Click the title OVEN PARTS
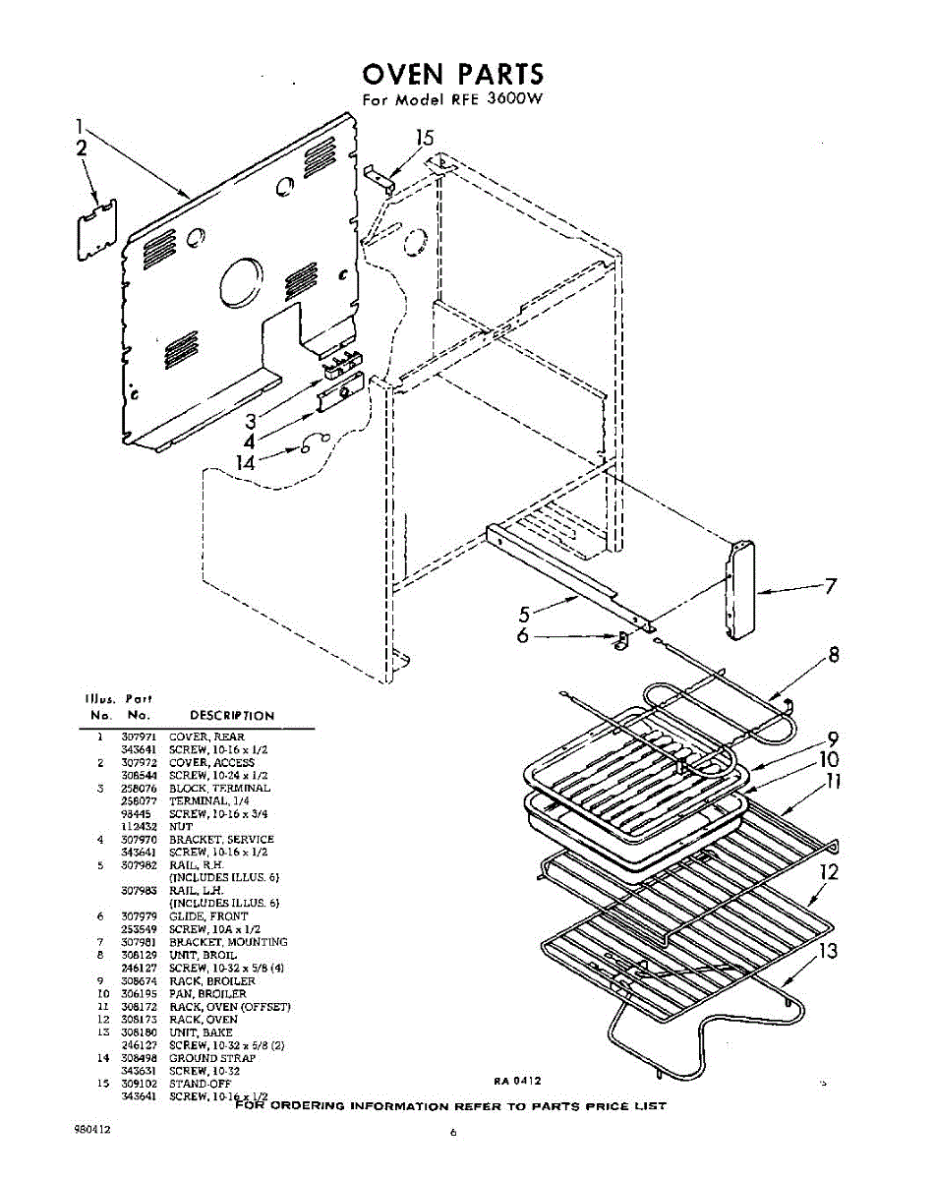click(452, 75)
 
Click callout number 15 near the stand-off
click(424, 139)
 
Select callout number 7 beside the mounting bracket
click(831, 587)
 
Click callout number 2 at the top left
click(82, 148)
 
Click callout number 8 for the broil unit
click(833, 655)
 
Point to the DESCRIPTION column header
click(231, 715)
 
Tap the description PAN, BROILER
click(201, 994)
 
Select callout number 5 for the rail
click(525, 615)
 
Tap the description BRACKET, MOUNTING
click(227, 942)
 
